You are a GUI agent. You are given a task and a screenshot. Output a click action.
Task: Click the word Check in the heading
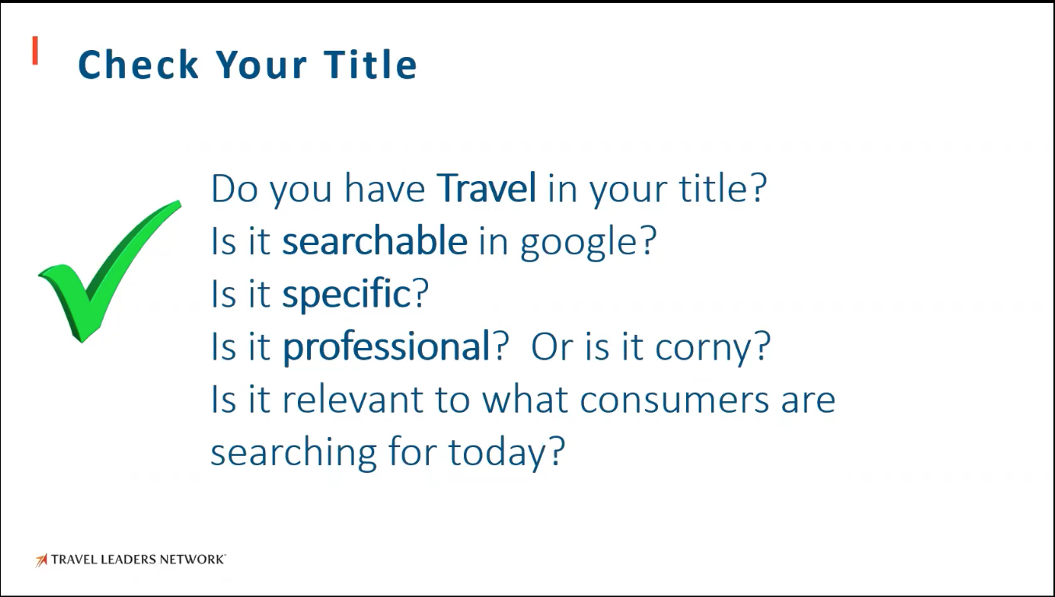pos(138,65)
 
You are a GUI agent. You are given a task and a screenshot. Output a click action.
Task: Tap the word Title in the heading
pos(370,64)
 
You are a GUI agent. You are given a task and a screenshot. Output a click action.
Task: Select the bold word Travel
pos(486,187)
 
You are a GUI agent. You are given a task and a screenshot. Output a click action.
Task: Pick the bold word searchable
pos(375,240)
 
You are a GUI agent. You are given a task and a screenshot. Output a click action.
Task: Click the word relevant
pos(352,399)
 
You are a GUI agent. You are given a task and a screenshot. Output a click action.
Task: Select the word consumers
pos(674,400)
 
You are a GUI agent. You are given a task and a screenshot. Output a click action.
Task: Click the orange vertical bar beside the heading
pos(35,51)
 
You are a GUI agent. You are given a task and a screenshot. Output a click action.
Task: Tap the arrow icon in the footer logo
pos(41,560)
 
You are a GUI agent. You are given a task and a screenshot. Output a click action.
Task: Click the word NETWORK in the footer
pos(191,560)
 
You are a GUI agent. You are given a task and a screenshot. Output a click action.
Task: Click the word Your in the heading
pos(261,65)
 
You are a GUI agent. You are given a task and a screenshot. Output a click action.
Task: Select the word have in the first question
pos(384,188)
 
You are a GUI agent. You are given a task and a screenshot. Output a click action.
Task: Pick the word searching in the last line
pos(293,453)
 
